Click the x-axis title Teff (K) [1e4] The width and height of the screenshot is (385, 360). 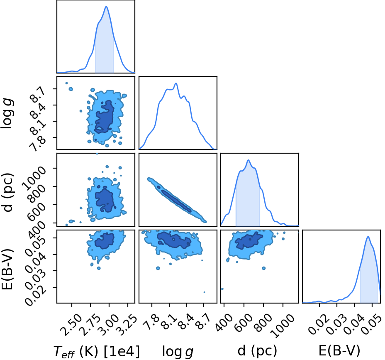coord(97,351)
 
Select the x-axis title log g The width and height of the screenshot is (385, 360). coord(178,352)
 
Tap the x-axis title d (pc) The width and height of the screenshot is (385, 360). coord(257,351)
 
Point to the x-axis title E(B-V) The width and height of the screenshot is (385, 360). coord(339,350)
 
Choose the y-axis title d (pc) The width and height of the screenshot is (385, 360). coord(7,193)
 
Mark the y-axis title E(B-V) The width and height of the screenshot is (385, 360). coord(7,269)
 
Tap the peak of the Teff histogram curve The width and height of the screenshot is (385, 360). coord(106,7)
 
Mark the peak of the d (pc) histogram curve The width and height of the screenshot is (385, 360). coord(249,160)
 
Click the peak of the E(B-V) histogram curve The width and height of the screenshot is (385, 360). coord(368,237)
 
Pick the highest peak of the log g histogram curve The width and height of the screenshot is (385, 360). coord(176,83)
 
